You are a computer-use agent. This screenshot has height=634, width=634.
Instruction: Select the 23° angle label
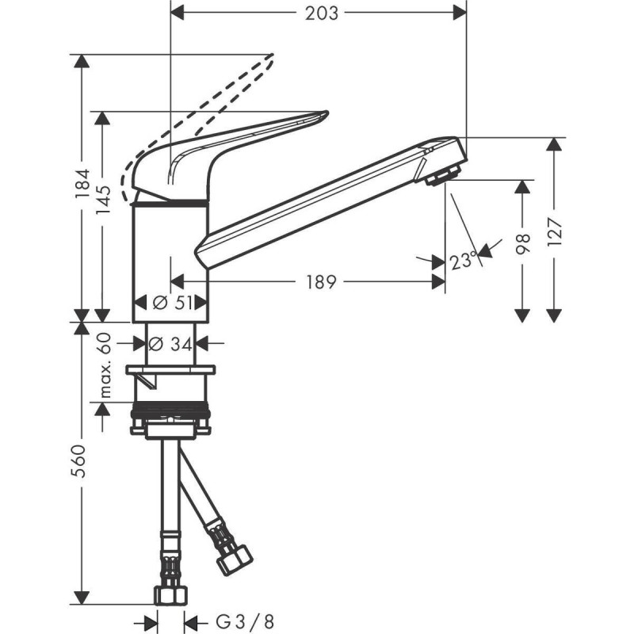(464, 259)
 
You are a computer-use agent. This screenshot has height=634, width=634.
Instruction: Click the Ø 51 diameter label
(170, 302)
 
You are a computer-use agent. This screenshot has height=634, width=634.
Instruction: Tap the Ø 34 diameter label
(170, 343)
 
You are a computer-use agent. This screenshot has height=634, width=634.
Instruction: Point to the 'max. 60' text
(104, 366)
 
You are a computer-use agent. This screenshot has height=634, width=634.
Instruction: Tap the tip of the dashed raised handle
(270, 57)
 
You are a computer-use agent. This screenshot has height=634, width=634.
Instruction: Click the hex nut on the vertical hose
(170, 597)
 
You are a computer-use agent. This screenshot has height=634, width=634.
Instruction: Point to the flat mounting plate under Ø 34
(170, 370)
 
